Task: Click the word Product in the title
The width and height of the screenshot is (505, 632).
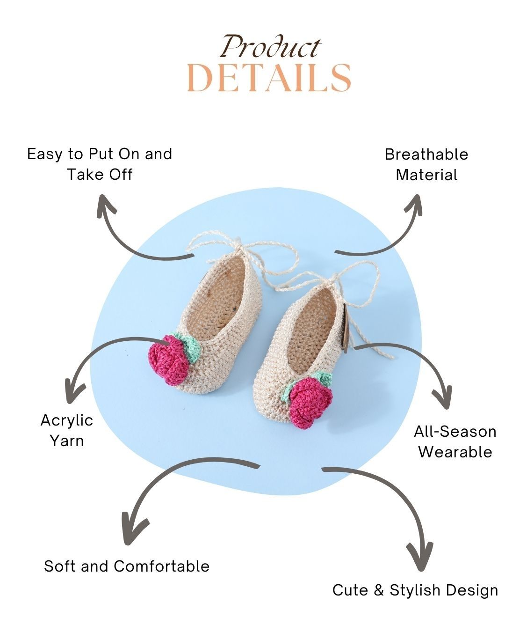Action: pyautogui.click(x=270, y=48)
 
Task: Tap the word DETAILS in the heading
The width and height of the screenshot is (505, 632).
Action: pyautogui.click(x=269, y=78)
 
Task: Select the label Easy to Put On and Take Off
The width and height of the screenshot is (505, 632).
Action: pyautogui.click(x=100, y=164)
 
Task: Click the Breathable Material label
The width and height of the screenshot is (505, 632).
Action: pyautogui.click(x=426, y=164)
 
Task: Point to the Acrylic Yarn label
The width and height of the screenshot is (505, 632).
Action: pyautogui.click(x=67, y=430)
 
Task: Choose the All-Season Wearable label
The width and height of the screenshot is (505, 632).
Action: pyautogui.click(x=454, y=441)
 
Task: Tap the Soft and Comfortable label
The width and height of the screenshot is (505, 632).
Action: pyautogui.click(x=127, y=566)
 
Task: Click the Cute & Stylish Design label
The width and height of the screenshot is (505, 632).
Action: pyautogui.click(x=415, y=590)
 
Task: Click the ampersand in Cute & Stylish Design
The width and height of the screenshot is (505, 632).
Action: pyautogui.click(x=379, y=590)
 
